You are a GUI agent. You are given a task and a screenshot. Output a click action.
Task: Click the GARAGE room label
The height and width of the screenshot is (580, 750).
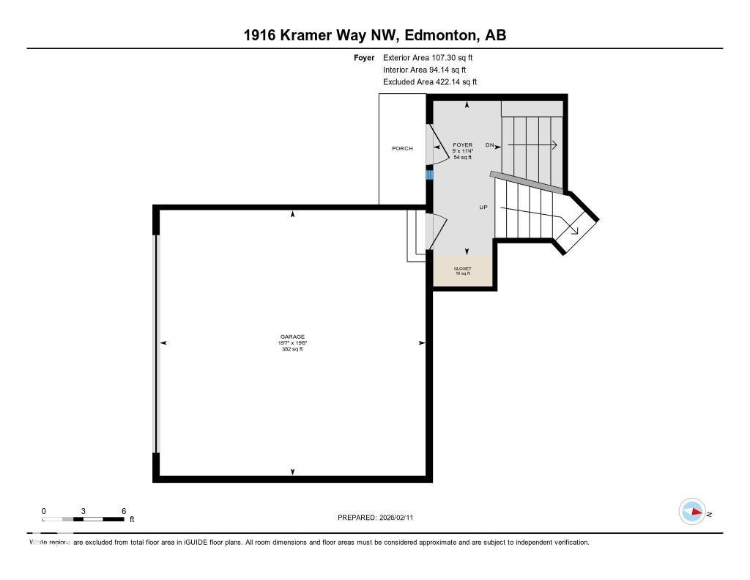pos(292,337)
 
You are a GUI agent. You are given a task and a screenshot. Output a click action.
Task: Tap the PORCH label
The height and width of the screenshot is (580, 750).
pos(402,149)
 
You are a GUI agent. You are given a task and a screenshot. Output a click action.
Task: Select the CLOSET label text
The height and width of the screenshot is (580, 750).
pos(463,268)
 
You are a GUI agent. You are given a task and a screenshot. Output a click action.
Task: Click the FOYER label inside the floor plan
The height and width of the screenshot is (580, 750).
pos(463,145)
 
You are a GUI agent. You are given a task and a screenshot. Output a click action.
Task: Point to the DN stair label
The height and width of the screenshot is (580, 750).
pos(490,145)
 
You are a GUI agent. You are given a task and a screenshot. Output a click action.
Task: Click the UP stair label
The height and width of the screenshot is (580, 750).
pos(483,208)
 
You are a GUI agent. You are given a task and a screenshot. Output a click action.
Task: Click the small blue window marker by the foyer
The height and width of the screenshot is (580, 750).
pos(430,175)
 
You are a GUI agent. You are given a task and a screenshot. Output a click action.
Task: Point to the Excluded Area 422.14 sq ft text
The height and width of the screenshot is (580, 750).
pos(430,82)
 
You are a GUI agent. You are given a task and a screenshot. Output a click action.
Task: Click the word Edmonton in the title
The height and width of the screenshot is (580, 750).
pos(437,35)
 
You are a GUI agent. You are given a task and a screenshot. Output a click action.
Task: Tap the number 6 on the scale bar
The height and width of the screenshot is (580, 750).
pos(124,511)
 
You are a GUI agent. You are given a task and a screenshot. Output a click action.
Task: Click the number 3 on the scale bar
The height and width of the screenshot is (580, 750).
pos(83,511)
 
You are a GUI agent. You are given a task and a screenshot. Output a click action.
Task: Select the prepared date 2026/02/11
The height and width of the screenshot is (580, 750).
pos(401,518)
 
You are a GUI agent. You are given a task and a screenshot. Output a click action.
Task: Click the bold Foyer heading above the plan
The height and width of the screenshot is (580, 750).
pos(364,57)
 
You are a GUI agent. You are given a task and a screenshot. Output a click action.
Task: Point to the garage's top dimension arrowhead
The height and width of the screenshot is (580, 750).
pos(293,214)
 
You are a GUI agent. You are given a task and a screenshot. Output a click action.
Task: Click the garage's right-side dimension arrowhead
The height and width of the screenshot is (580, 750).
pos(422,342)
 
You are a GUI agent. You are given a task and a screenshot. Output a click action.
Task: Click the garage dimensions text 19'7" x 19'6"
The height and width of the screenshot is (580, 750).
pos(292,343)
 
